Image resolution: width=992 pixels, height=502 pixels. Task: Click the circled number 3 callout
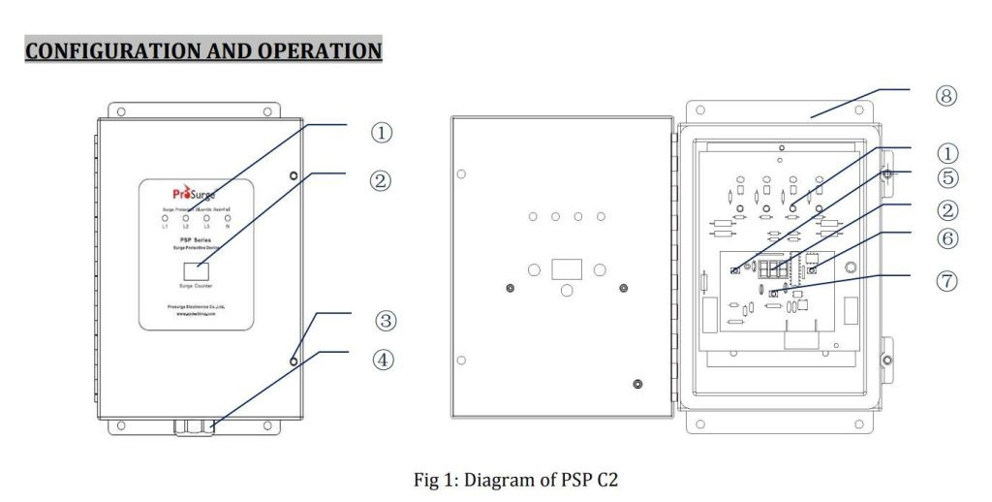pyautogui.click(x=384, y=322)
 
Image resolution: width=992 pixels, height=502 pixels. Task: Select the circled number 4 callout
pyautogui.click(x=384, y=360)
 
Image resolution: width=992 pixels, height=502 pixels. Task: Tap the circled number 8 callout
pyautogui.click(x=946, y=95)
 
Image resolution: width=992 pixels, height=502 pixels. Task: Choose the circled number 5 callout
pyautogui.click(x=946, y=178)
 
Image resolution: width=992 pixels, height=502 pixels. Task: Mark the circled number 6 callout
pyautogui.click(x=946, y=237)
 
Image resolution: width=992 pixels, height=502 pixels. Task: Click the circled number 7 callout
pyautogui.click(x=946, y=281)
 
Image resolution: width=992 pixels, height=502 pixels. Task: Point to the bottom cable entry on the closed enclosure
pyautogui.click(x=195, y=425)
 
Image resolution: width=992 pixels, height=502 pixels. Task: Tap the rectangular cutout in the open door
pyautogui.click(x=566, y=268)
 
